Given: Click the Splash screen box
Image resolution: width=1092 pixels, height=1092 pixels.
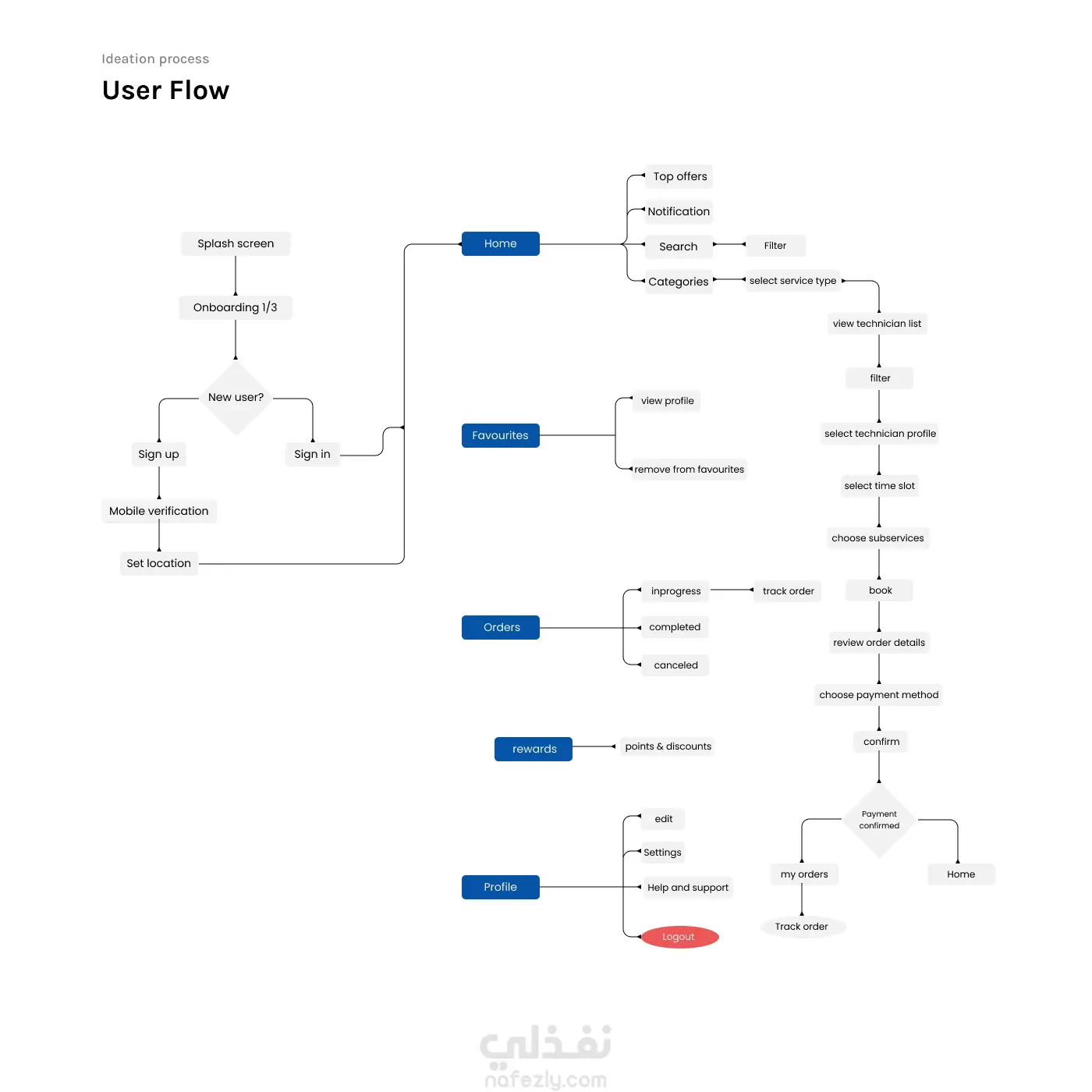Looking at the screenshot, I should click(236, 243).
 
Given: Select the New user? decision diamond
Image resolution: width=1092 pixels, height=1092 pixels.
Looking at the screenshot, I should click(236, 398).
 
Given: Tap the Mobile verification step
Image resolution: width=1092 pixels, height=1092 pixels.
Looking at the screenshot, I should click(159, 511).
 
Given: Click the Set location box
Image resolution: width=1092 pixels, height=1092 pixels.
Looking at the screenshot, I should click(159, 563).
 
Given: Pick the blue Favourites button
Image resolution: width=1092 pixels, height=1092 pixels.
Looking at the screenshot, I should click(501, 435).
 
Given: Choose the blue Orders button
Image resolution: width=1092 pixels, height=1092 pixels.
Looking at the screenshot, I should click(501, 627).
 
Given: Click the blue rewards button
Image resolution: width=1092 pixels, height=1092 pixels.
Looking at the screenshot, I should click(534, 749).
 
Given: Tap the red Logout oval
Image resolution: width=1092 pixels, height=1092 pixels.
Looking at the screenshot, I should click(679, 937).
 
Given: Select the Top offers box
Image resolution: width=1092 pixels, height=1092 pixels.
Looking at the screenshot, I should click(680, 176).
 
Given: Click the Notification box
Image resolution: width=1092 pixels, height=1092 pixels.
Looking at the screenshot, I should click(679, 211).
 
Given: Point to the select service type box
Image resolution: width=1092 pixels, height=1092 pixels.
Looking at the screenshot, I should click(792, 281).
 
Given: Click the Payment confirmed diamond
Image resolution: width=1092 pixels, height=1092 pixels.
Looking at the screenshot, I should click(879, 820).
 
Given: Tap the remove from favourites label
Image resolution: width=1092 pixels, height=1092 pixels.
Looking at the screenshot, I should click(689, 470).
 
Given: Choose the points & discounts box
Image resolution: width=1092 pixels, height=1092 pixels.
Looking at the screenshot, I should click(668, 746).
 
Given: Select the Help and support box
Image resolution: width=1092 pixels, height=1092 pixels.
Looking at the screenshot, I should click(688, 888).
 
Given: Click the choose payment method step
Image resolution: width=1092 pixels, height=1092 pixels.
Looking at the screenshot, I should click(879, 695).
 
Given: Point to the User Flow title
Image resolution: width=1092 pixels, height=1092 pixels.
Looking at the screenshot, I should click(166, 90).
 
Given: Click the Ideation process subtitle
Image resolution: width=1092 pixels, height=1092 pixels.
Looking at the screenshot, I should click(155, 58).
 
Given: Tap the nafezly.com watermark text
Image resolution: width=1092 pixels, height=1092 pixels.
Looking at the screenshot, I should click(545, 1080).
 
